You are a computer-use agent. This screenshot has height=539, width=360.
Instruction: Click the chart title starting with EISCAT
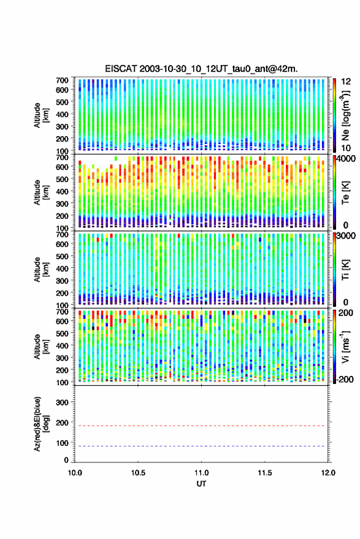pos(201,69)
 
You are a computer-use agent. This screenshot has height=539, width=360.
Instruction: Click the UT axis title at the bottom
pos(201,484)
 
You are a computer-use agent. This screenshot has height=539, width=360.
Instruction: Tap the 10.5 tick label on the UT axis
pos(138,473)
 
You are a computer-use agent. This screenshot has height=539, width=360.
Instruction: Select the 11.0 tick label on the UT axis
pos(201,473)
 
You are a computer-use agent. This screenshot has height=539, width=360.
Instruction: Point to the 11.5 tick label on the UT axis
pos(264,473)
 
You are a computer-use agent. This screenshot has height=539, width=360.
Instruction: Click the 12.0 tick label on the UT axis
pos(328,473)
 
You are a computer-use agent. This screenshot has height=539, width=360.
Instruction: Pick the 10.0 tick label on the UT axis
pos(75,473)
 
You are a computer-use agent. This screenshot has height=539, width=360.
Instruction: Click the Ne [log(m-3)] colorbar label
pos(346,115)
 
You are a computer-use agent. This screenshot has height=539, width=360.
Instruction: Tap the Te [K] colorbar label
pos(345,193)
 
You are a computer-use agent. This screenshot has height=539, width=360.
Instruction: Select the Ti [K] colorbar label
pos(345,270)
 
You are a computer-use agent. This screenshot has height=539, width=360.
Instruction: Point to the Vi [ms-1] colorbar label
pos(345,346)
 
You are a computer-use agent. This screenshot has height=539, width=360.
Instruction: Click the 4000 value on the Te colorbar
pos(346,159)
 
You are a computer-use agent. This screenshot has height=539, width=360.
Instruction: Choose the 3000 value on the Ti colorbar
pos(346,236)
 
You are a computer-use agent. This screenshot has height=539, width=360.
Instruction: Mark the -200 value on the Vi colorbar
pos(345,379)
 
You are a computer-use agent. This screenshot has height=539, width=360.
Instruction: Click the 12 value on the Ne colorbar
pos(346,82)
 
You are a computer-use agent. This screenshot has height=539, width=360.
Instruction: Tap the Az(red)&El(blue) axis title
pos(41,424)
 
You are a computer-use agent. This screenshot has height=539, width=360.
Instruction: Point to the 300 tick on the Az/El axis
pos(62,402)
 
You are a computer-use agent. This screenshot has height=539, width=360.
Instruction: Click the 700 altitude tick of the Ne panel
pos(62,80)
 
